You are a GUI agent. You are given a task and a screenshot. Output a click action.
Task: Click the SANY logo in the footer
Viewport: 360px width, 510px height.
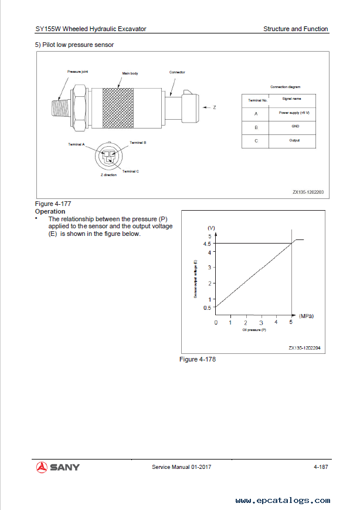58,467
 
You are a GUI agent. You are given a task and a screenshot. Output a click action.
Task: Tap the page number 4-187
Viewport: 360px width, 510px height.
320,467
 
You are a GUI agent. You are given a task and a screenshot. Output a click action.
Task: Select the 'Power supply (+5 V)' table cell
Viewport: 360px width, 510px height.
294,113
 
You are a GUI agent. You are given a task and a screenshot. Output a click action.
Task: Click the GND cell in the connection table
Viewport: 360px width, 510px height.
294,126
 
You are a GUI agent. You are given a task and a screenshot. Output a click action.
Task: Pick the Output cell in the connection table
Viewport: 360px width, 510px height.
294,140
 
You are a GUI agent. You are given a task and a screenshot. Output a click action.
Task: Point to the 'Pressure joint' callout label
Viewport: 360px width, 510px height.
77,72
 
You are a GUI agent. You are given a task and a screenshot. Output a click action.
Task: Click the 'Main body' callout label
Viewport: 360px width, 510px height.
130,74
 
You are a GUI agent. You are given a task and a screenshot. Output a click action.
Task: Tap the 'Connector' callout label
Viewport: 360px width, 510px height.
177,72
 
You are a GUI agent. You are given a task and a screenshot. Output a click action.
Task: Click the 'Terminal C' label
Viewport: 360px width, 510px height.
130,171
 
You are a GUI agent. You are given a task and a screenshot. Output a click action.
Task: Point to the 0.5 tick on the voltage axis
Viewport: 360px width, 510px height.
207,308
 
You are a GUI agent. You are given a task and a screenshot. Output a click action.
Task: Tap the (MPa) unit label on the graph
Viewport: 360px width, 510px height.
305,316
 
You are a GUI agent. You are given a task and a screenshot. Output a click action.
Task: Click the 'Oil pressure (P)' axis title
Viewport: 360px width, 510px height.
254,330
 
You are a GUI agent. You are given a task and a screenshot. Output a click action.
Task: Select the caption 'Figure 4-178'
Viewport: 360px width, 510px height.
197,359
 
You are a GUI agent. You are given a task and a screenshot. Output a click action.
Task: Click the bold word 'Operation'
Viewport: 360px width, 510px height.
50,211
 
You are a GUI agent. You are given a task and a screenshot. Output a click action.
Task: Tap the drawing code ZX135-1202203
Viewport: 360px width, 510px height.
308,191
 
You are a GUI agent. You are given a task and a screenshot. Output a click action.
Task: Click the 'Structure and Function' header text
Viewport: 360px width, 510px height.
296,29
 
